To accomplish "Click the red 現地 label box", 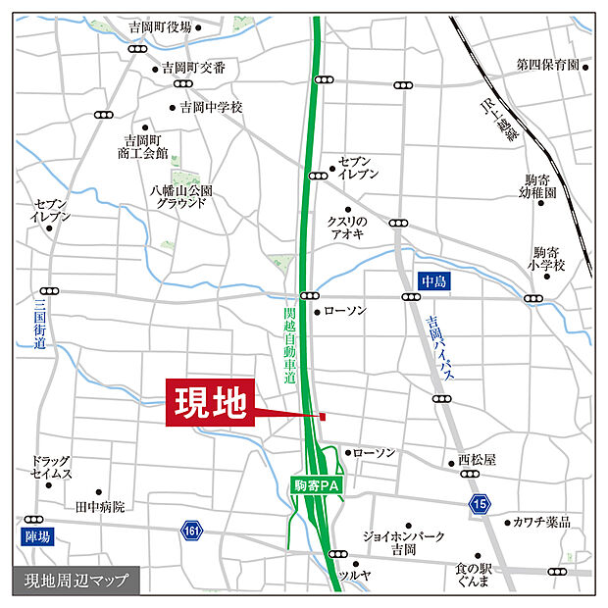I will (210, 403).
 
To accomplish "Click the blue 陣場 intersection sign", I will (35, 535).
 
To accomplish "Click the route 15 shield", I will (479, 503).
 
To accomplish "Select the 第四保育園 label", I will (548, 66).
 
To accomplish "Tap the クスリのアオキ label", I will (346, 228).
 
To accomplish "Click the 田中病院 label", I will (100, 507).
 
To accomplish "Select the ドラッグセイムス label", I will (51, 467).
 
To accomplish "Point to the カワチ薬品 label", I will (543, 522).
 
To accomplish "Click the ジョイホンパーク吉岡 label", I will (403, 543).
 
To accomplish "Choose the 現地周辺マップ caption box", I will (76, 580).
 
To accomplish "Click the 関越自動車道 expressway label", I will (288, 343).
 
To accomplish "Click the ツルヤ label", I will (353, 575).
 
